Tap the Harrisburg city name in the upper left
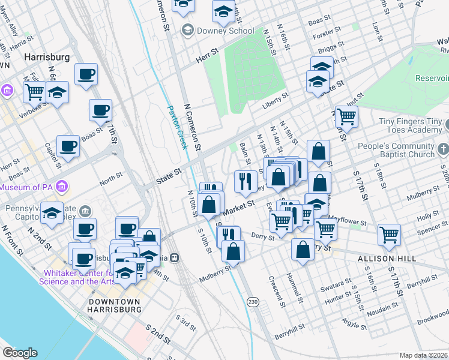point(47,57)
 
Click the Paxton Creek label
point(177,128)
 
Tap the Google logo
point(20,353)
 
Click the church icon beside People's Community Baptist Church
point(443,148)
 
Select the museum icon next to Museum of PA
point(61,188)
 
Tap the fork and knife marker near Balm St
point(245,182)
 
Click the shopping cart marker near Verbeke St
point(35,92)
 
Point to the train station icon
point(174,257)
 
